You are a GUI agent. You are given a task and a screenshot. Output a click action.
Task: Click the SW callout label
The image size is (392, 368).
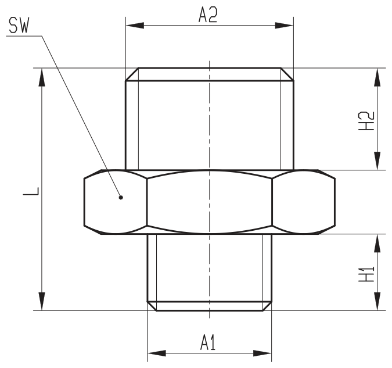pos(19,25)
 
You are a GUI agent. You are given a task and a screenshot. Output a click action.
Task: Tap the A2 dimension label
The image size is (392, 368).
pos(208,15)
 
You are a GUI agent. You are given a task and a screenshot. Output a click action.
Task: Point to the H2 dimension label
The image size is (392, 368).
pos(366,121)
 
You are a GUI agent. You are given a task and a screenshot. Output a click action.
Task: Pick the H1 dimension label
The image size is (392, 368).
pos(366,274)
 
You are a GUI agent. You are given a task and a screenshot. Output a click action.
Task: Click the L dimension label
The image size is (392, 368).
pos(31,191)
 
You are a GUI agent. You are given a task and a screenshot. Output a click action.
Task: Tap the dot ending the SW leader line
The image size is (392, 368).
pos(121,198)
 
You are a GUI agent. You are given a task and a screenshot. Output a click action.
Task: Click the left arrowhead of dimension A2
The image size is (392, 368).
pos(135,25)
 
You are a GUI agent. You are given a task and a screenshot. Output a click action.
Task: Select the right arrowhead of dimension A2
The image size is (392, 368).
pos(284,25)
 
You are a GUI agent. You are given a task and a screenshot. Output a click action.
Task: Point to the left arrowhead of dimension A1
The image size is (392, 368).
pos(157,353)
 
